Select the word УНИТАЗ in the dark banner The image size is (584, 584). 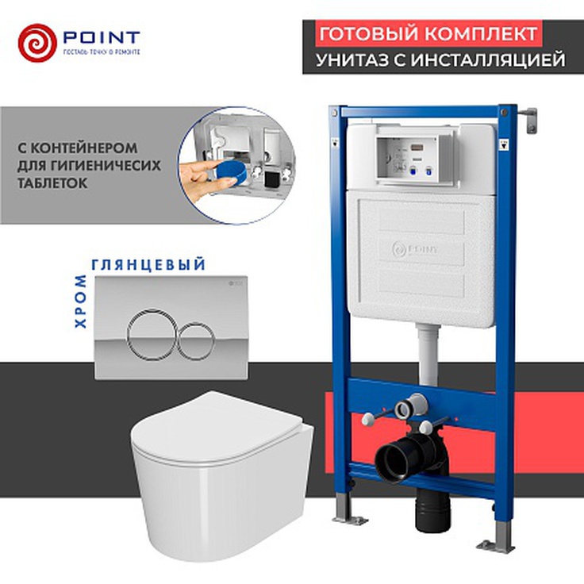click(x=355, y=60)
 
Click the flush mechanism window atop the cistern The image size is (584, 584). click(x=416, y=154)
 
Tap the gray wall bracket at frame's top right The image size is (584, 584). click(x=529, y=119)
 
